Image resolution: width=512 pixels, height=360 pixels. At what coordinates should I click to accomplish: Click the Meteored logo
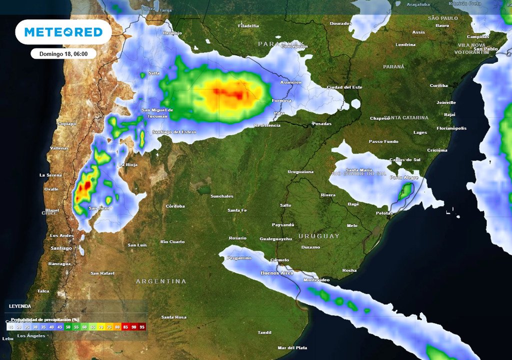[x=63, y=32]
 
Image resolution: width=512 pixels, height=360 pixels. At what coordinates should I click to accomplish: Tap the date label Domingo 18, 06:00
[x=63, y=54]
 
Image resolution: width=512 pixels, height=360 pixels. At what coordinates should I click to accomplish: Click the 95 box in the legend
[x=142, y=326]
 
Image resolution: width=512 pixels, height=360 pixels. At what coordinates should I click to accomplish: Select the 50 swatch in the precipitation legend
[x=67, y=326]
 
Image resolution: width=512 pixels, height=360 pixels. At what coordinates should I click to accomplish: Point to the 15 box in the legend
[x=10, y=326]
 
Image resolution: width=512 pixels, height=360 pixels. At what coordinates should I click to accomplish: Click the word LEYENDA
[x=20, y=306]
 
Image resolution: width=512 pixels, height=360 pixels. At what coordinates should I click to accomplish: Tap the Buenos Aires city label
[x=277, y=273]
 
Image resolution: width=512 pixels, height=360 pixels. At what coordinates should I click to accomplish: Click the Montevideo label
[x=316, y=280]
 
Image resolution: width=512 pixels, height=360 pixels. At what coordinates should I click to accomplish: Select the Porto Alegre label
[x=403, y=177]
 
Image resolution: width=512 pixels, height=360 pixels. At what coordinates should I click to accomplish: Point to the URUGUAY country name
[x=319, y=236]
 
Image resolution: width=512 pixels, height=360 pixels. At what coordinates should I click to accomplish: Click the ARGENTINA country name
[x=161, y=281]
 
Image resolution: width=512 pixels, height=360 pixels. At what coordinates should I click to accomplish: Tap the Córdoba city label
[x=175, y=206]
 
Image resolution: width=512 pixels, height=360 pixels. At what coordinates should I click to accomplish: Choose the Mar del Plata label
[x=292, y=348]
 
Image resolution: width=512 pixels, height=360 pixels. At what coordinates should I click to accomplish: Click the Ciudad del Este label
[x=344, y=87]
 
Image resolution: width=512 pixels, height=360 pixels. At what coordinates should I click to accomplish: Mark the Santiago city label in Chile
[x=61, y=248]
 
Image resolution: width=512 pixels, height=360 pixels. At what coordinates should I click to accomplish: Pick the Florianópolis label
[x=451, y=128]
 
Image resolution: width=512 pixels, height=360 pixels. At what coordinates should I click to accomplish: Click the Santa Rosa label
[x=173, y=317]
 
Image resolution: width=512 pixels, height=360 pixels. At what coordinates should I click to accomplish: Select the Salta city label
[x=154, y=73]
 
